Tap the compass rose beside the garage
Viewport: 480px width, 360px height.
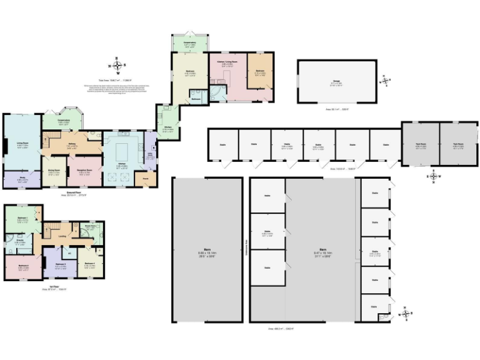385,79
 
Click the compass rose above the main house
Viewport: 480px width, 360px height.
117,65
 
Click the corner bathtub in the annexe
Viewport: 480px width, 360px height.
216,91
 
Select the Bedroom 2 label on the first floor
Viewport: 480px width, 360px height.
61,264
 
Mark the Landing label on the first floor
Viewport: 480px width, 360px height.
62,236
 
